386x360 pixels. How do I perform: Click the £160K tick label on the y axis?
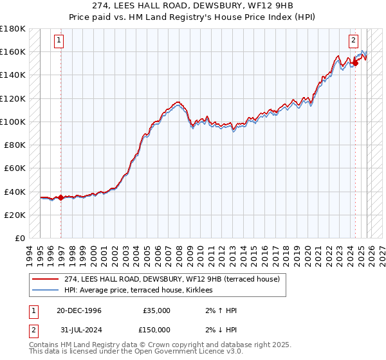pyautogui.click(x=13, y=51)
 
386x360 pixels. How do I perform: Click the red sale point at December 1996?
pyautogui.click(x=61, y=197)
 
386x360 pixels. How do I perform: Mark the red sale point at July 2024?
pyautogui.click(x=355, y=63)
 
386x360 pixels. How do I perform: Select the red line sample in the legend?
pyautogui.click(x=46, y=280)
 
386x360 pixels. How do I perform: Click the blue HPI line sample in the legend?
pyautogui.click(x=46, y=291)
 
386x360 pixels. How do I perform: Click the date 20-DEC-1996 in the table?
pyautogui.click(x=78, y=310)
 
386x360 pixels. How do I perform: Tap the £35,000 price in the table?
pyautogui.click(x=156, y=310)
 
